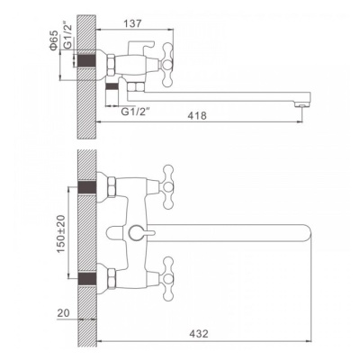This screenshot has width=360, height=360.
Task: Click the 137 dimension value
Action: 133,23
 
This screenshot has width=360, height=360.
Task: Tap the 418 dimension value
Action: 197,115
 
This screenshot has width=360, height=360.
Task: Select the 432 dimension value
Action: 199,333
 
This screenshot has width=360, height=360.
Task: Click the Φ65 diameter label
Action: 53,40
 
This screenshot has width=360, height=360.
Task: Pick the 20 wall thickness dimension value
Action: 63,313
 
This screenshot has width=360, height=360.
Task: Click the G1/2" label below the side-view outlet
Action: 135,112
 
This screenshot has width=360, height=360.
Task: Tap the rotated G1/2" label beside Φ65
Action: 68,36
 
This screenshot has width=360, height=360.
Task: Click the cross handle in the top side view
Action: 167,65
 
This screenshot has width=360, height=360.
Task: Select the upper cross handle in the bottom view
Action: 168,187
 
